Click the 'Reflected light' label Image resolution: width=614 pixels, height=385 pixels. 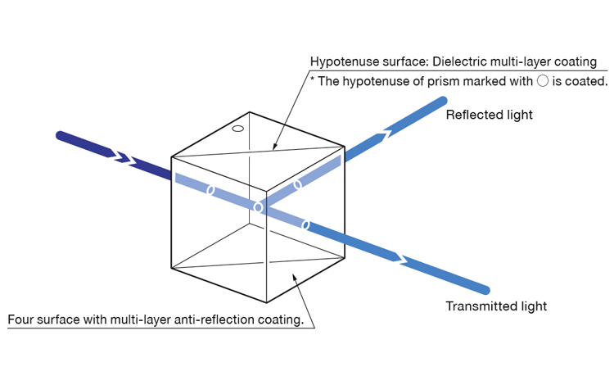point(489,115)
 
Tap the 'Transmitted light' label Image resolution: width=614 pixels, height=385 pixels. point(496,306)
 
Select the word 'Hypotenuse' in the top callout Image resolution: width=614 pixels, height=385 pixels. point(341,62)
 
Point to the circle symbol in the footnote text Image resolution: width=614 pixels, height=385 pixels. point(542,80)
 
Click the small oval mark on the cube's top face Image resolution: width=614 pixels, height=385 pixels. point(238,129)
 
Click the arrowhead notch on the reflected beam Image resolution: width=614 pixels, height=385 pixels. point(385,134)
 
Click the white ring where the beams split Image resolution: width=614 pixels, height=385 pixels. point(258,206)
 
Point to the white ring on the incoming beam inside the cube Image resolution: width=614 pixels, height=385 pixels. point(210,190)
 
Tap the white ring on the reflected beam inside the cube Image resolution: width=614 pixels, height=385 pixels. point(298,184)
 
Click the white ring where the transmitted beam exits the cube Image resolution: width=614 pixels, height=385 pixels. point(306,225)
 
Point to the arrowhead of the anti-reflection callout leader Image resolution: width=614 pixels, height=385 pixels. point(294,278)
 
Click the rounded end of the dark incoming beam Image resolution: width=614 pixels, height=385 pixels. point(61,135)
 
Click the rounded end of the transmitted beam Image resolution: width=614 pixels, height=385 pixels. point(485,290)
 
